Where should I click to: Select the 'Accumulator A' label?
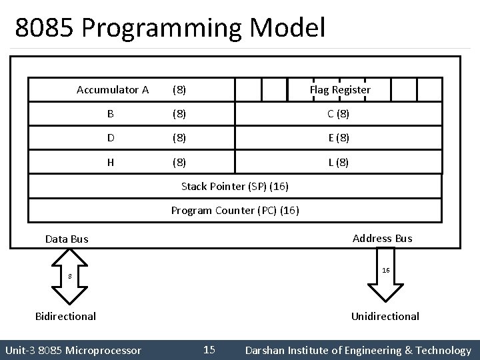click(113, 89)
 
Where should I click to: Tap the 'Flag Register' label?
click(340, 89)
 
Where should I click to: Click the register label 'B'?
click(110, 113)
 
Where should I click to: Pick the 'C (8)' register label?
click(338, 113)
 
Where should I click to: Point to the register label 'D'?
click(110, 138)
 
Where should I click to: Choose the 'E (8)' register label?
click(338, 138)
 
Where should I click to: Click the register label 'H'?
click(110, 162)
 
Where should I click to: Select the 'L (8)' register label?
click(338, 162)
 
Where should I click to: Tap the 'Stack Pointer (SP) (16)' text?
click(235, 186)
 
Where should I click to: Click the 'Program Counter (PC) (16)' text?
click(235, 211)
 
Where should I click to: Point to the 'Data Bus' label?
click(67, 239)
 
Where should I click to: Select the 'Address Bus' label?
click(383, 238)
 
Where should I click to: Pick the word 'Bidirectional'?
click(65, 316)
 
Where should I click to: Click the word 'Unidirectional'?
click(385, 316)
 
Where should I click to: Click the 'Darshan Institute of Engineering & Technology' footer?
click(358, 350)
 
